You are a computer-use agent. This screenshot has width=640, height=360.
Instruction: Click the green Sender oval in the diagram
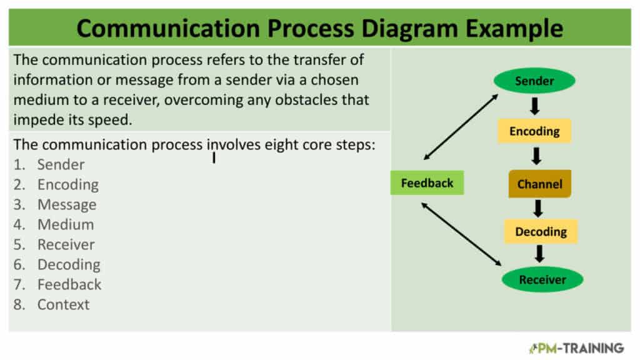click(x=534, y=81)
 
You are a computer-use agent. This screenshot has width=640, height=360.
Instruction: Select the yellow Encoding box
click(x=534, y=131)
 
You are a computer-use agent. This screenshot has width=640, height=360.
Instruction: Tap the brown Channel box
click(x=539, y=184)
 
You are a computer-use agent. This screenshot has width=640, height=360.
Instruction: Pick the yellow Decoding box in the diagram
click(x=541, y=231)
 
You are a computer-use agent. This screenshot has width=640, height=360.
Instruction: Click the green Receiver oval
click(x=542, y=279)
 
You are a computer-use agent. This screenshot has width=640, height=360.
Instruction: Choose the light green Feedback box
click(x=427, y=183)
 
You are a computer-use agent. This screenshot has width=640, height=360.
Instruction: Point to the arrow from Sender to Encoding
click(x=535, y=106)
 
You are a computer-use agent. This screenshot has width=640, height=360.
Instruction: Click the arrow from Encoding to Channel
click(x=536, y=156)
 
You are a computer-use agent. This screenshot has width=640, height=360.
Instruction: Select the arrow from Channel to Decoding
click(x=538, y=208)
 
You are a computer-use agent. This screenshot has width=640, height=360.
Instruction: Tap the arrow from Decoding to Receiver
click(x=539, y=254)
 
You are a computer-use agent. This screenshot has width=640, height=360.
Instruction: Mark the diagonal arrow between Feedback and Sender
click(x=461, y=127)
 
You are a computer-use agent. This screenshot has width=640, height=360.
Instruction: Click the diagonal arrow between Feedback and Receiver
click(x=461, y=234)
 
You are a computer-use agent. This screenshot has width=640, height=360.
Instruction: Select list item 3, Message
click(x=55, y=204)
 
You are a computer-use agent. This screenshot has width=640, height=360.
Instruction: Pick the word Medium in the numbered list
click(x=66, y=224)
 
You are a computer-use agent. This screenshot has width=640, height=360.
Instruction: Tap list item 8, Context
click(x=51, y=304)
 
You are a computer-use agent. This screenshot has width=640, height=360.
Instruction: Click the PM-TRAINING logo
click(x=576, y=348)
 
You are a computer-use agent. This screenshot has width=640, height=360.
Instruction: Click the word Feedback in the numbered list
click(x=69, y=284)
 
